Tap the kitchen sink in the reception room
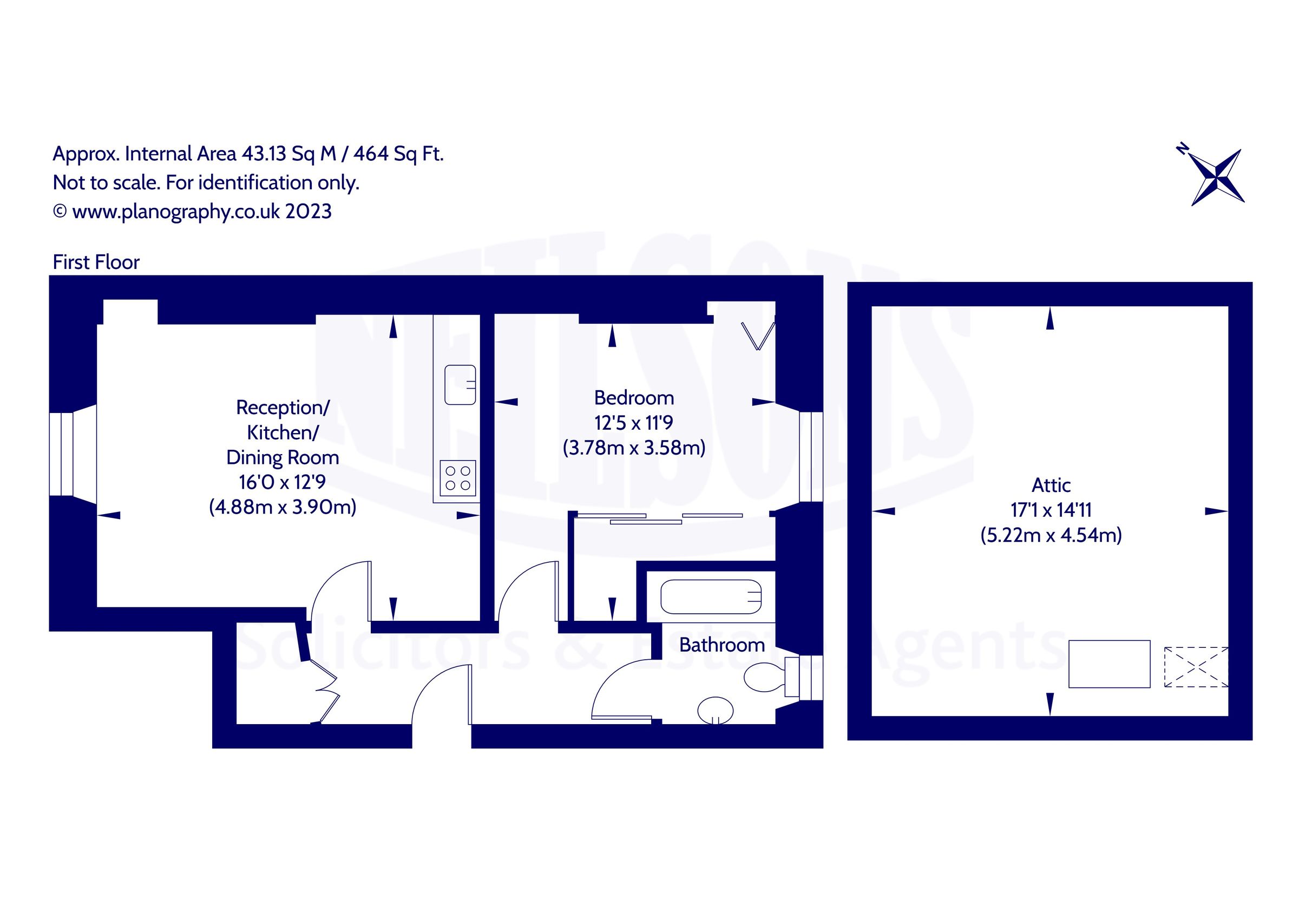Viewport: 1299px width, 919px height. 460,385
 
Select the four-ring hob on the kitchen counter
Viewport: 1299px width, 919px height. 458,478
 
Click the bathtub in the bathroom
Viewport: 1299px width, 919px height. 711,596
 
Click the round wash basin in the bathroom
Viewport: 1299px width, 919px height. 715,710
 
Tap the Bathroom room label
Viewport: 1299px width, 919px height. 721,645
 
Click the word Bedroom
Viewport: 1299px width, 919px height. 634,398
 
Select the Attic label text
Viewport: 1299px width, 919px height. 1051,485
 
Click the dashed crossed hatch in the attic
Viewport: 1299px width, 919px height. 1196,667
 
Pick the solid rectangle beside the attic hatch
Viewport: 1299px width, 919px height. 1109,664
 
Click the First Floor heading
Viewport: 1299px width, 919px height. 96,262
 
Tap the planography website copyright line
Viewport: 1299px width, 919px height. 192,212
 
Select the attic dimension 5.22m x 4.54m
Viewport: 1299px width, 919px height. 1051,535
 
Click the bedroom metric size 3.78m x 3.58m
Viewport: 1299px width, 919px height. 634,448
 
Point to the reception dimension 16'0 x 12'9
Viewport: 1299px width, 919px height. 282,482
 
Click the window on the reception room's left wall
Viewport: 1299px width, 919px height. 61,454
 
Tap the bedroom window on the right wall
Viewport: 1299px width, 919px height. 811,456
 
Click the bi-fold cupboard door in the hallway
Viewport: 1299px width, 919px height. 325,691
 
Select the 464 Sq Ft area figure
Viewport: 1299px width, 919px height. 398,154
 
